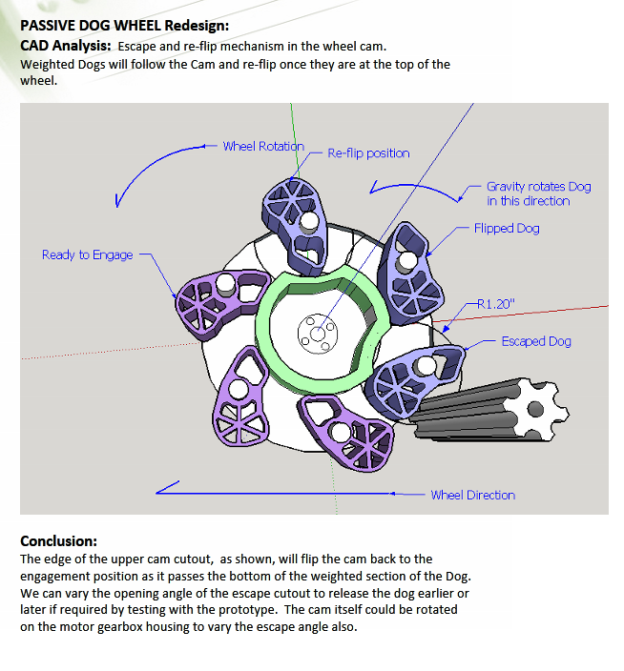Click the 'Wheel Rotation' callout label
point(262,146)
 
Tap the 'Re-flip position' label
point(368,152)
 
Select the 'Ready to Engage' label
point(87,254)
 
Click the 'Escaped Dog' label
point(536,341)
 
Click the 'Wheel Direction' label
point(472,495)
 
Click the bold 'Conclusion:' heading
point(58,540)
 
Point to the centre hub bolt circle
point(315,332)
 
